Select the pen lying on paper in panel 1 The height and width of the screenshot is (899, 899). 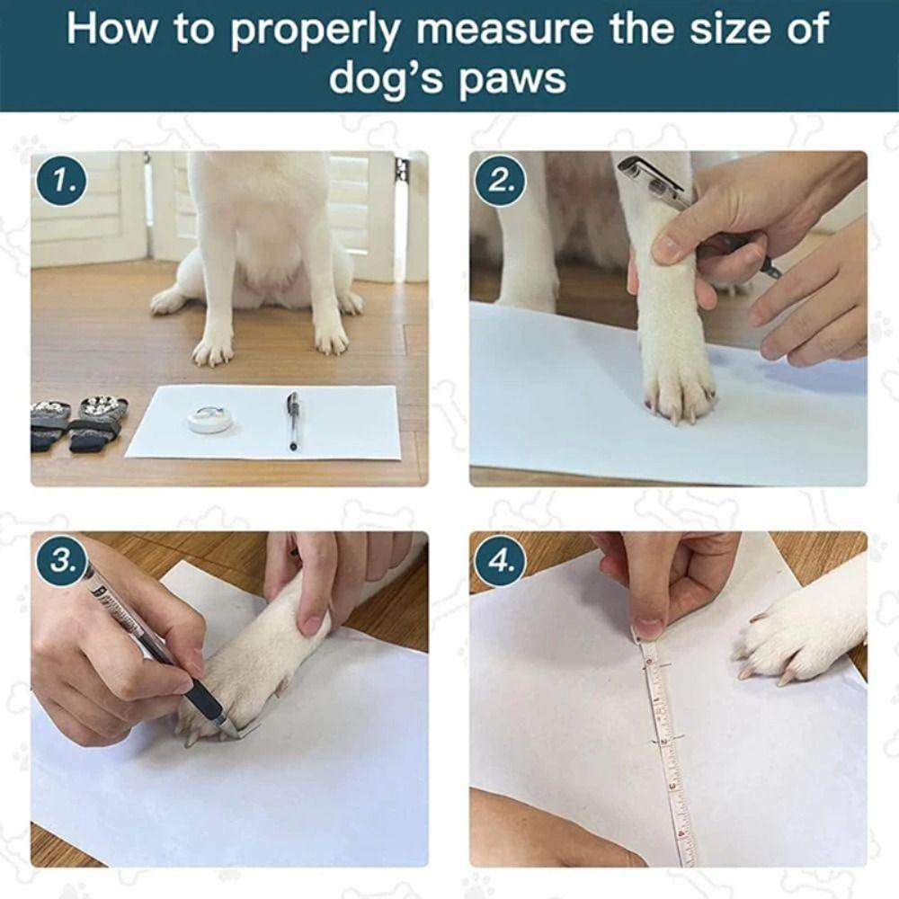coord(292,420)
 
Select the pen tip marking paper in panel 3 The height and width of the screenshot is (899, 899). coord(236,730)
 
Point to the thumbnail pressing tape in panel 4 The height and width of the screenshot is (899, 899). coord(647,628)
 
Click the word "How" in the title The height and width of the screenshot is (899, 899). coord(111,30)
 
